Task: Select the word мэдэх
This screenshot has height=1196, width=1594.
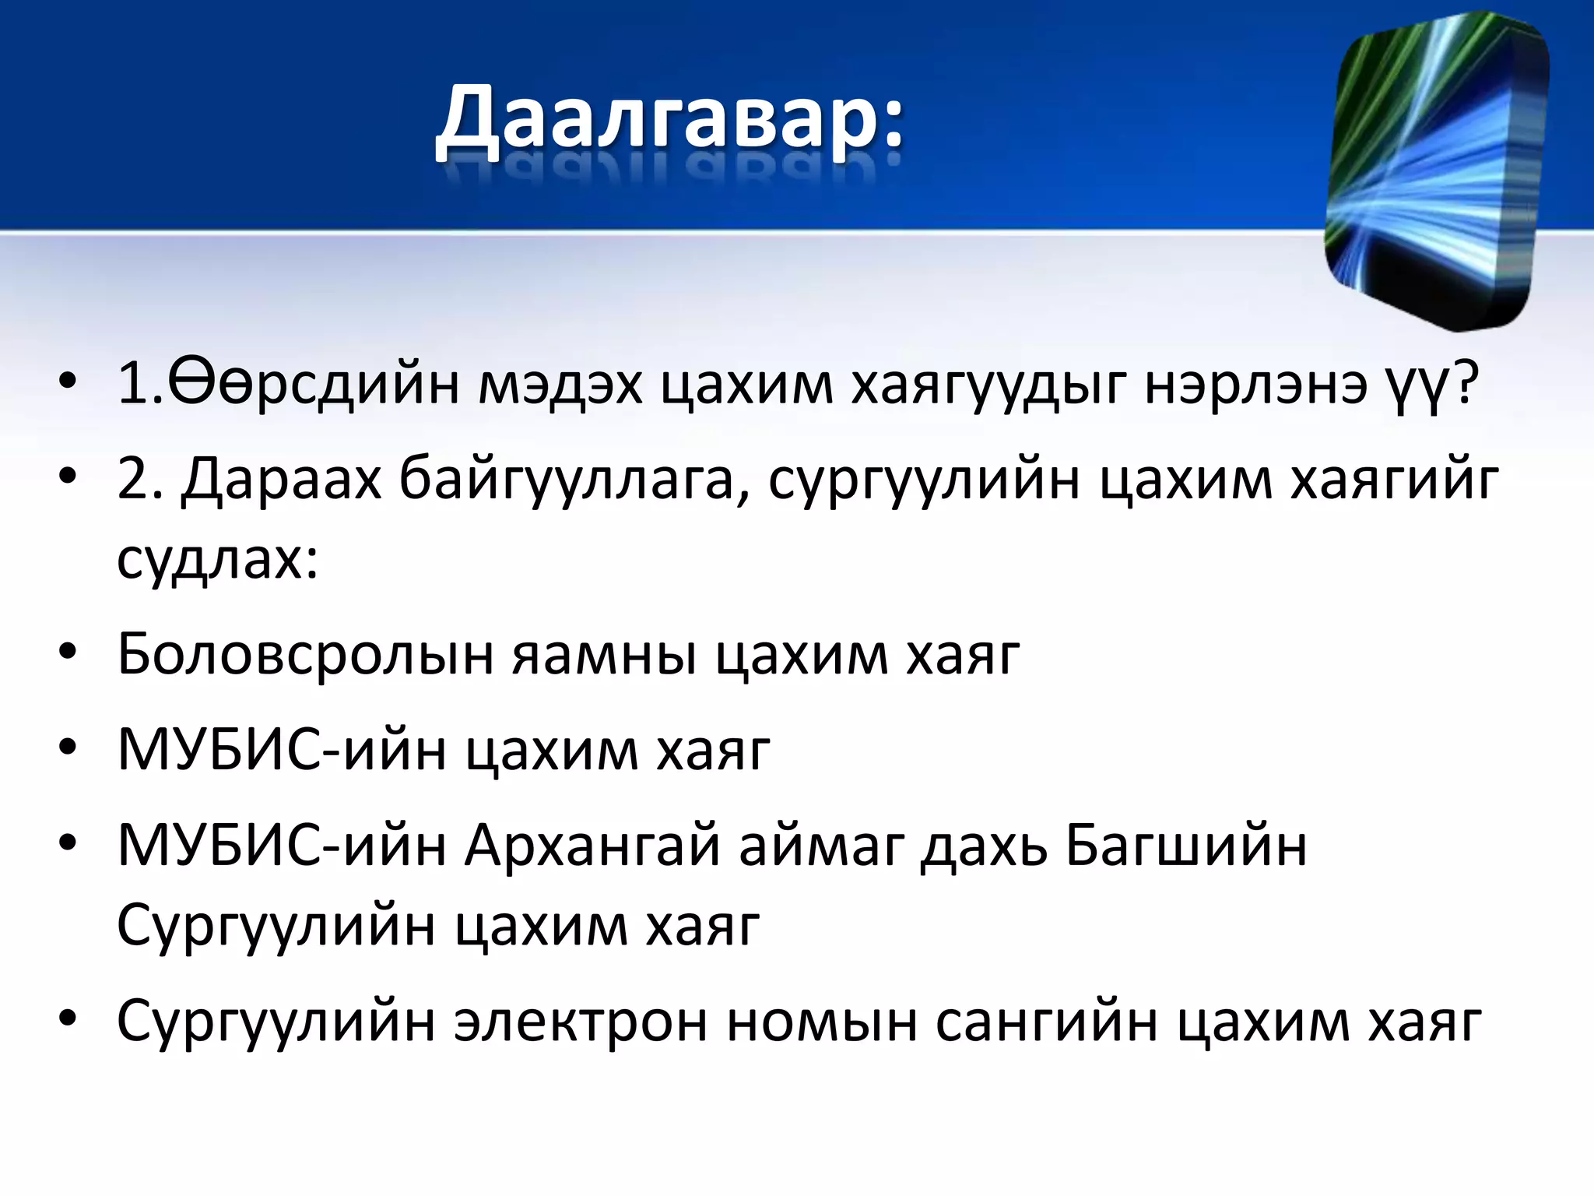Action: click(560, 384)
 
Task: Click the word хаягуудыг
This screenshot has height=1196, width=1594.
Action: click(988, 384)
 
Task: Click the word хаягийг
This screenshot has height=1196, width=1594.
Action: click(1393, 480)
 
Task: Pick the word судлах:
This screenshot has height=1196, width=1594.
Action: click(218, 559)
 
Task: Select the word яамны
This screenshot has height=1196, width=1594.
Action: click(604, 654)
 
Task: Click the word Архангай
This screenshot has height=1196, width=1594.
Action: click(592, 846)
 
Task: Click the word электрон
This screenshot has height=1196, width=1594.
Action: click(581, 1022)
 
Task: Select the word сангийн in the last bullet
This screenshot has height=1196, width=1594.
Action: click(1046, 1022)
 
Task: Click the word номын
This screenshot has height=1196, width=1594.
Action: click(822, 1022)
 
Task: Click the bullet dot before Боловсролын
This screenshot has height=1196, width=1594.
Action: click(68, 653)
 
